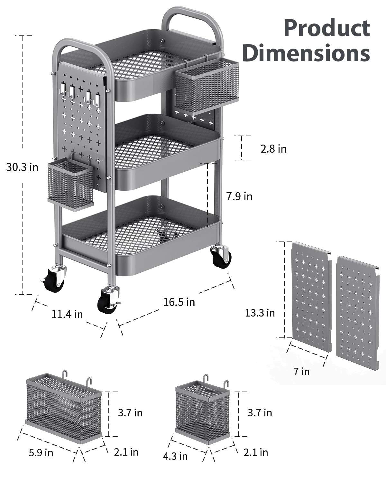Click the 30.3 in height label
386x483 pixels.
pos(22,167)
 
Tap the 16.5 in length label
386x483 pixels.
pos(179,302)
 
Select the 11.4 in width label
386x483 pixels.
pos(67,314)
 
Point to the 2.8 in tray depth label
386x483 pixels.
pos(273,149)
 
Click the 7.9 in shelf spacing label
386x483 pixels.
pos(239,196)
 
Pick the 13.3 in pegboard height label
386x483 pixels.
pos(260,313)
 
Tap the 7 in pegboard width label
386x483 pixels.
pos(301,371)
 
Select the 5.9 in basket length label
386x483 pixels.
pos(41,452)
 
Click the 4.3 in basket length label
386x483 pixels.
pos(175,456)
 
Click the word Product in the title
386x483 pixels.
pos(327,28)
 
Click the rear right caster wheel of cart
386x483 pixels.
pos(222,256)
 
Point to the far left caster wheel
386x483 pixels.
pos(55,279)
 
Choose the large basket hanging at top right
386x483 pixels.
pos(207,84)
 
